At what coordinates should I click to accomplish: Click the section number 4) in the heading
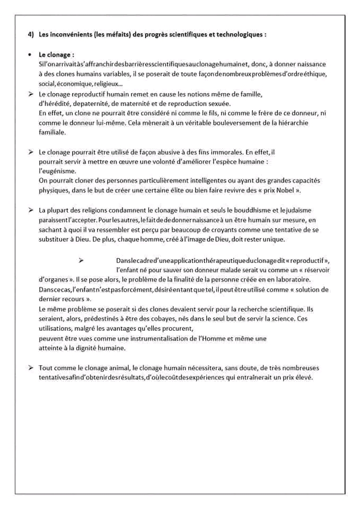(31, 34)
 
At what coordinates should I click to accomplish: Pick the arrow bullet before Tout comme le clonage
(31, 367)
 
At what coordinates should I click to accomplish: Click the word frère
(247, 113)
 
